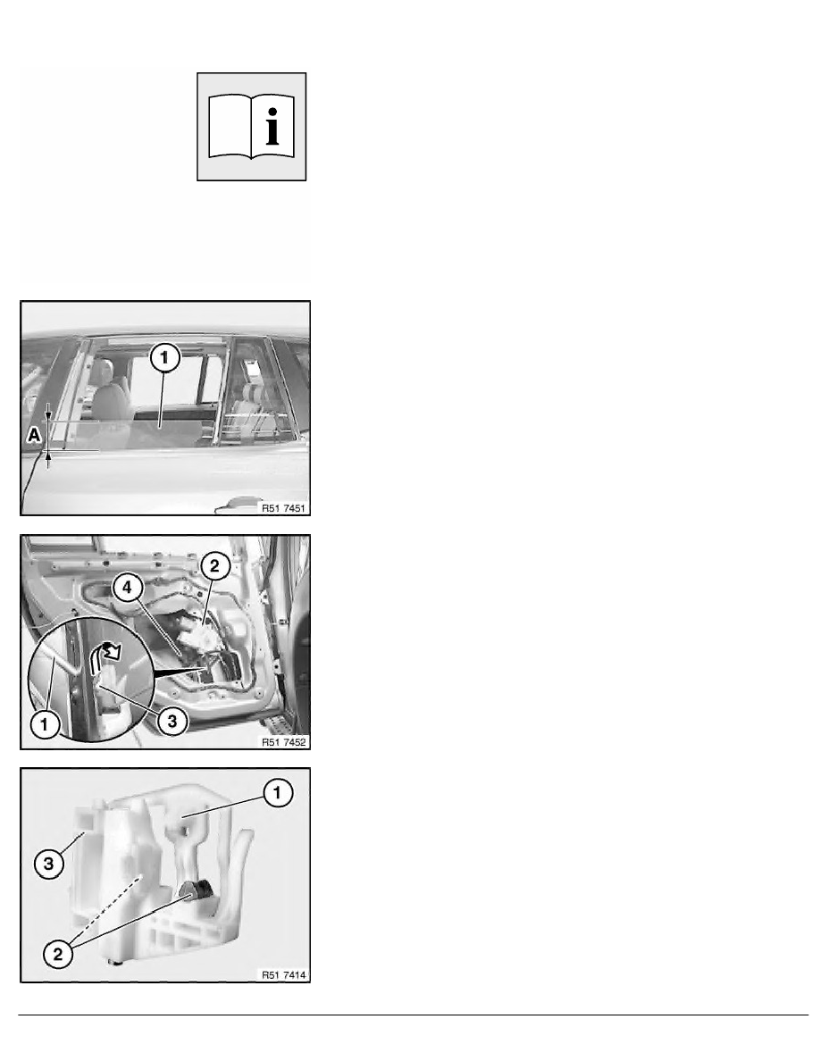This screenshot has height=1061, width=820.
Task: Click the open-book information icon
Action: (x=251, y=127)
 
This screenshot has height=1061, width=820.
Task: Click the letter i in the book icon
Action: (x=272, y=127)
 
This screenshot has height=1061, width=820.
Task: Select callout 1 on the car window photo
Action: (x=165, y=358)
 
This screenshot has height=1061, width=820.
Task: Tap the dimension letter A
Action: (x=34, y=435)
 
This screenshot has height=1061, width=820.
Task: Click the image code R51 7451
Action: (x=283, y=508)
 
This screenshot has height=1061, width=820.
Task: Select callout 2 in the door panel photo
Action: (x=214, y=565)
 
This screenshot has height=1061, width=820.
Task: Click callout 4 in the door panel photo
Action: (x=127, y=588)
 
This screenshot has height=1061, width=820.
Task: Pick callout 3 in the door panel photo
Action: (x=172, y=722)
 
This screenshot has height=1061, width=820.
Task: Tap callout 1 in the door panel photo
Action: (x=45, y=724)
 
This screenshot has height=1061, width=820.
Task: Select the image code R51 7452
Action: (x=283, y=742)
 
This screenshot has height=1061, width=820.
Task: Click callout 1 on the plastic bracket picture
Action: (x=277, y=792)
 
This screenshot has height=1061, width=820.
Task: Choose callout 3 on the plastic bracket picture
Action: (x=49, y=864)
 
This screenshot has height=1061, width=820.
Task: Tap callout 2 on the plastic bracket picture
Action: (x=58, y=954)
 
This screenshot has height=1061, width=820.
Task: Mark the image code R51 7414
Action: (x=283, y=975)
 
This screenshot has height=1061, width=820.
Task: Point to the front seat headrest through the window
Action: (x=102, y=372)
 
